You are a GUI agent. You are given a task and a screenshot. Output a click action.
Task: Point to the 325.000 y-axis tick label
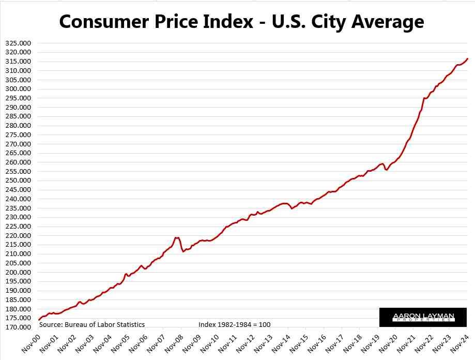(17, 43)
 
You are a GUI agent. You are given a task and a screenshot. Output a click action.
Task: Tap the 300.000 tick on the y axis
(17, 89)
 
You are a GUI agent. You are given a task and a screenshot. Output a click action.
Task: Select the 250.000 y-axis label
(17, 181)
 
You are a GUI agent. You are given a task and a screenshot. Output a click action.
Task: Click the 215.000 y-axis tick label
(17, 245)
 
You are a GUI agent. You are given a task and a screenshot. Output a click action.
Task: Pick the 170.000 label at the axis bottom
(17, 327)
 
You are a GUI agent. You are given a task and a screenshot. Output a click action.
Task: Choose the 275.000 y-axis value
(17, 134)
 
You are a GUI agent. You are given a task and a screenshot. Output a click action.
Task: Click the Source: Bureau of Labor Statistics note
(91, 324)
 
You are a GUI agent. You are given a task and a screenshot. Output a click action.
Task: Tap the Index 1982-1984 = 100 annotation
(234, 324)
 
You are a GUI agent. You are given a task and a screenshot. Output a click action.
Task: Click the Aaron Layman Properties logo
(423, 317)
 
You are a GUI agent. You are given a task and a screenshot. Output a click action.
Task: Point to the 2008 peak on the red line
(177, 237)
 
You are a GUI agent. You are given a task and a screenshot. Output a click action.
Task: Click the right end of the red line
(467, 58)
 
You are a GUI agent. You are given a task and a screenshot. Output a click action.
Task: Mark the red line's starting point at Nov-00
(39, 320)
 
